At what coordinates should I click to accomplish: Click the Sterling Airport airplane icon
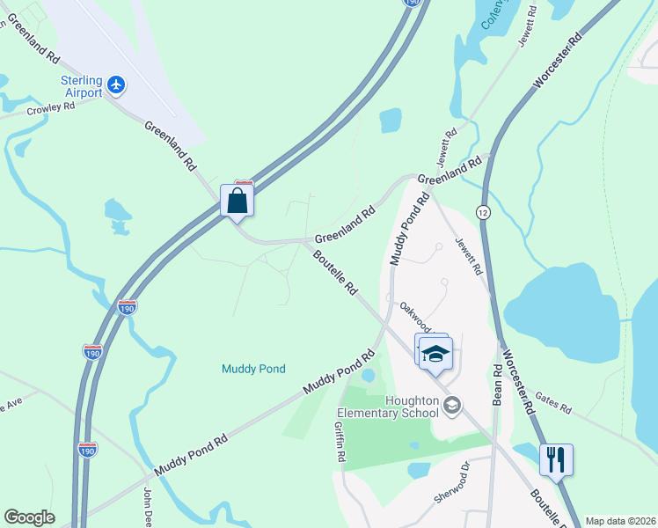tap(117, 86)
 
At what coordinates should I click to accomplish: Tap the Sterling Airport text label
tap(81, 86)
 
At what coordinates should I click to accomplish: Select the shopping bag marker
tap(238, 201)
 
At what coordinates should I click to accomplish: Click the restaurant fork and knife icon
tap(557, 460)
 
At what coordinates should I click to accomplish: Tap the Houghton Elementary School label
tap(387, 407)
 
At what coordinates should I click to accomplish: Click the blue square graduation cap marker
tap(435, 354)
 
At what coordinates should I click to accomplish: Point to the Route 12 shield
tap(483, 212)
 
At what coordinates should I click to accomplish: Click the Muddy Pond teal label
tap(253, 369)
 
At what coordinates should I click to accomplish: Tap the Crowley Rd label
tap(51, 107)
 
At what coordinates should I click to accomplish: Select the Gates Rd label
tap(553, 405)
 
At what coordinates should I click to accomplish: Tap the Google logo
tap(29, 517)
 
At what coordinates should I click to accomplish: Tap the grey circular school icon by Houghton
tap(452, 406)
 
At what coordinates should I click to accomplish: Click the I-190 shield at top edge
tap(413, 4)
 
